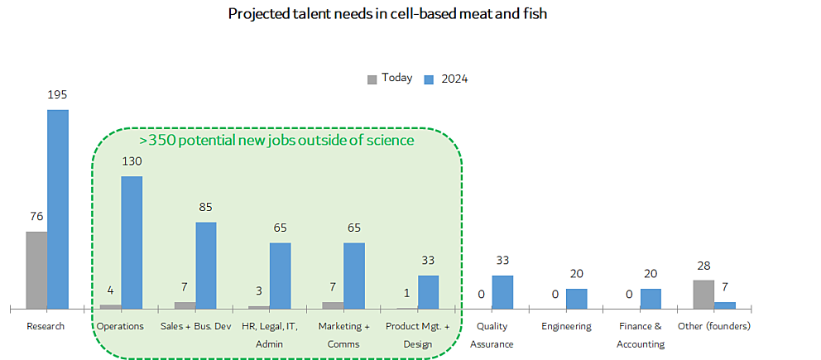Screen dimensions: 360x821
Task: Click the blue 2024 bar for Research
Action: coord(57,209)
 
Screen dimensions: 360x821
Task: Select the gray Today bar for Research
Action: coord(36,270)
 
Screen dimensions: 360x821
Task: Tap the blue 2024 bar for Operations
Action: coord(132,242)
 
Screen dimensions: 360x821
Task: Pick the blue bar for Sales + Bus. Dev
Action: coord(206,265)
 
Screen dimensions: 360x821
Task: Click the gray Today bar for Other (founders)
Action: coord(703,294)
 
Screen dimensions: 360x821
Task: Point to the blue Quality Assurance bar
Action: coord(502,292)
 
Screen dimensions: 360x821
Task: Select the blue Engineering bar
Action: coord(577,299)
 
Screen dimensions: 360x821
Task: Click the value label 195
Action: coord(57,96)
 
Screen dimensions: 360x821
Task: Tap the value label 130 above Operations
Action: coord(132,162)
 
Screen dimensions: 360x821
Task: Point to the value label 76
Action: coord(36,217)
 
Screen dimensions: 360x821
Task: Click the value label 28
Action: coord(703,266)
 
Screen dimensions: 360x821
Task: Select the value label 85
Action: coord(206,208)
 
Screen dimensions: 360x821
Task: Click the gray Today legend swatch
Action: coord(372,79)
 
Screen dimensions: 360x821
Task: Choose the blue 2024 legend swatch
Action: coord(430,79)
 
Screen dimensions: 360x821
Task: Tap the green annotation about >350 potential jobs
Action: coord(276,141)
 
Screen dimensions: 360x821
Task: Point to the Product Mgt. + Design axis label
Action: coord(418,334)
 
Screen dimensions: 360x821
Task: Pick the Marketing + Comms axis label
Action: coord(344,334)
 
